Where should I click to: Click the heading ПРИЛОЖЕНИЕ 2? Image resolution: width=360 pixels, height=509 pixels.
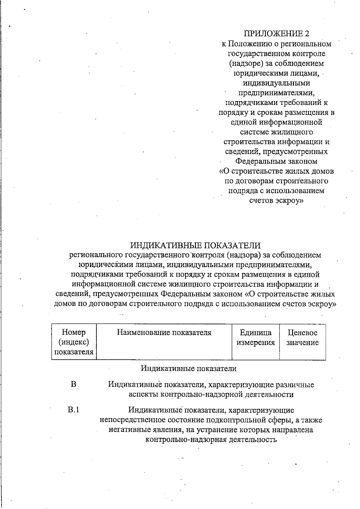276,34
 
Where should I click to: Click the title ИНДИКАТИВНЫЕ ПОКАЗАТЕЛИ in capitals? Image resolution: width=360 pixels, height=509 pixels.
195,245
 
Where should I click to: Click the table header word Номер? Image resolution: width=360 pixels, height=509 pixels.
73,332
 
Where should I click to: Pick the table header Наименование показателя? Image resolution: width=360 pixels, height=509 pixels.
164,332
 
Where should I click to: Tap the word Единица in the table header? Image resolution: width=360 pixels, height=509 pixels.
256,332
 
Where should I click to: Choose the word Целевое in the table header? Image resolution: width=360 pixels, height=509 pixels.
302,332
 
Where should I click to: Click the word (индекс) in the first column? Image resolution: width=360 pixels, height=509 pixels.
73,342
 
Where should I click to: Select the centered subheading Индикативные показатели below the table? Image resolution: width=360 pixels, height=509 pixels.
189,368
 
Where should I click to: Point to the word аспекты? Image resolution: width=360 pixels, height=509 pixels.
143,394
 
